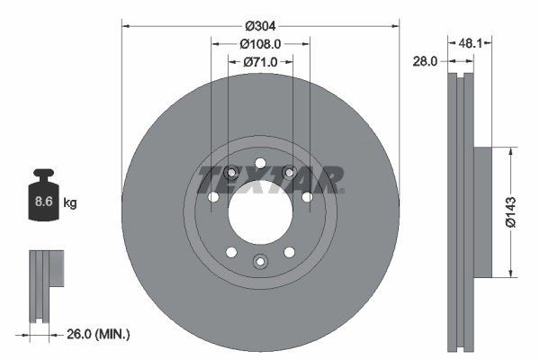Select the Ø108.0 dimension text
pyautogui.click(x=260, y=43)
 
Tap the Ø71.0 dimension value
pyautogui.click(x=260, y=62)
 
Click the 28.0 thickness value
pyautogui.click(x=426, y=61)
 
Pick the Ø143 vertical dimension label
pyautogui.click(x=509, y=211)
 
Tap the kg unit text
pyautogui.click(x=70, y=203)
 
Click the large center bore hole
pyautogui.click(x=260, y=211)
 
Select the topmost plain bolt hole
pyautogui.click(x=260, y=163)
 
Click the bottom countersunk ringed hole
pyautogui.click(x=260, y=261)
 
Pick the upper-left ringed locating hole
pyautogui.click(x=231, y=173)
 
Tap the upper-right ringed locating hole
pyautogui.click(x=289, y=173)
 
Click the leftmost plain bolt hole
pyautogui.click(x=213, y=197)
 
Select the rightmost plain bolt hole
pyautogui.click(x=307, y=196)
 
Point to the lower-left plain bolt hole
pyautogui.click(x=231, y=251)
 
